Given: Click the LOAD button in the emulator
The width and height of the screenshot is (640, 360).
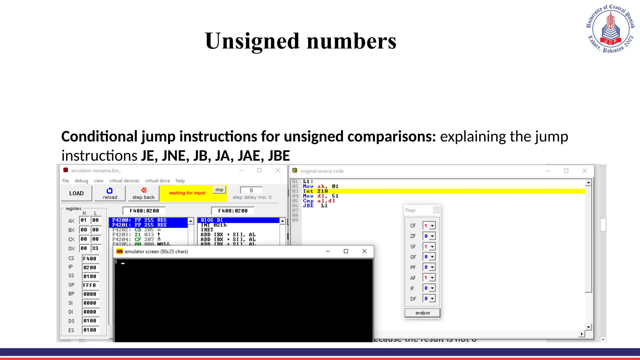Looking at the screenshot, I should (76, 193).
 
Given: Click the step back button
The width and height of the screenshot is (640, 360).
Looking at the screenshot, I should (143, 193).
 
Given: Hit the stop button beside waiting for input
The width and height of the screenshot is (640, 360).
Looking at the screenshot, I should (219, 190).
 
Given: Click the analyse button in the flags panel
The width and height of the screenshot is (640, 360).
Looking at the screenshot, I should (422, 313).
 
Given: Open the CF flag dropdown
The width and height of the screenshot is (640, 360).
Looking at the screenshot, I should (432, 226).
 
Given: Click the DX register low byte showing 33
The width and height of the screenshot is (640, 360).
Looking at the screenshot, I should (95, 248).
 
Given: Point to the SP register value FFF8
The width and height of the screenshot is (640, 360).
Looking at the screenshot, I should (90, 285).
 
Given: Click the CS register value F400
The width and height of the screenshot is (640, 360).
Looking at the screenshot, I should (90, 259).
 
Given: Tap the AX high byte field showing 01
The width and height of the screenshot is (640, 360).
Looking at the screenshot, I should (84, 220).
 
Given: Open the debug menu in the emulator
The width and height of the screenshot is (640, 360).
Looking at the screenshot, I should (81, 181).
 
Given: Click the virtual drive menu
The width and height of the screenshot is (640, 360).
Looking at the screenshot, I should (157, 181).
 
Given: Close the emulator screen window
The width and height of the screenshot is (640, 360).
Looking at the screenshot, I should (364, 251).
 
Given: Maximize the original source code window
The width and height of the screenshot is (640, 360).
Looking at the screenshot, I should (566, 171).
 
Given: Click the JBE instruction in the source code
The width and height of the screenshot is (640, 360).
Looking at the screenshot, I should (308, 206).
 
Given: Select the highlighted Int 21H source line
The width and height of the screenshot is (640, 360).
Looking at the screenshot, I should (315, 191).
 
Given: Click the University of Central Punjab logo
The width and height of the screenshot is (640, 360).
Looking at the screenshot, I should (610, 29).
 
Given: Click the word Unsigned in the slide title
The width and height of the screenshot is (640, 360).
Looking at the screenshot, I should (252, 41).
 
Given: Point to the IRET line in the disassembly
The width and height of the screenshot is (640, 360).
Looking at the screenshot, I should (207, 230).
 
